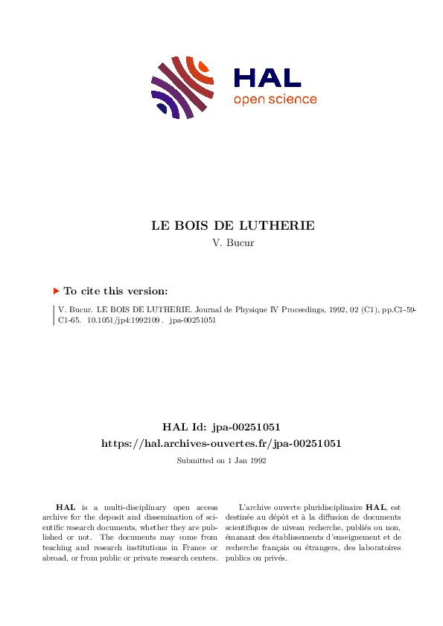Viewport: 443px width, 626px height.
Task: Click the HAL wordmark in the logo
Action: pyautogui.click(x=267, y=78)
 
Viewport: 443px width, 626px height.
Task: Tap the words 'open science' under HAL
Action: pyautogui.click(x=275, y=100)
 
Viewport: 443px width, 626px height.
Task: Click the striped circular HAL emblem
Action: pyautogui.click(x=183, y=87)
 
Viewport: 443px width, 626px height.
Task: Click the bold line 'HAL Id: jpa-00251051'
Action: pyautogui.click(x=221, y=427)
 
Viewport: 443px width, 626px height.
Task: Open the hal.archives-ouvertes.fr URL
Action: pyautogui.click(x=221, y=443)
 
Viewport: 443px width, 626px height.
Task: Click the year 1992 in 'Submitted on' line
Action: pyautogui.click(x=258, y=461)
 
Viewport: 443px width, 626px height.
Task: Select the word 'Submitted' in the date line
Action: pyautogui.click(x=194, y=461)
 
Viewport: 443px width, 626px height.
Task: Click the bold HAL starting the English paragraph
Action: pyautogui.click(x=65, y=506)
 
